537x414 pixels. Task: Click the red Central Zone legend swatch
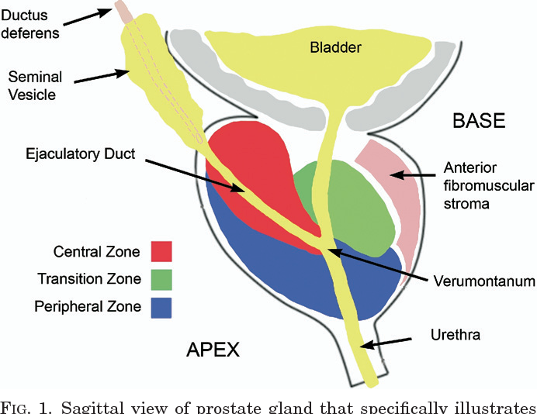coord(161,251)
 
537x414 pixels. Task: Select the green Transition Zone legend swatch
coord(161,278)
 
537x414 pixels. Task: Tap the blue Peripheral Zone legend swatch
coord(161,306)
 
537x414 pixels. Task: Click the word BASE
coord(479,122)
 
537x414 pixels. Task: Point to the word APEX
coord(213,350)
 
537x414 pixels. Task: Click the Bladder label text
coord(336,48)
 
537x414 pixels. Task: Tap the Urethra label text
coord(455,336)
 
